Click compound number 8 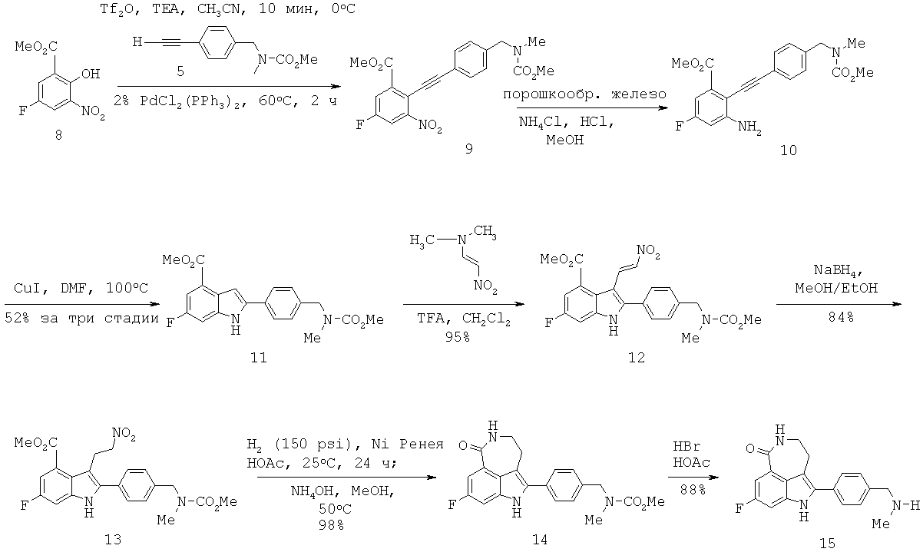tap(58, 135)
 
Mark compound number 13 tap(111, 540)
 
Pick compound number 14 tap(539, 540)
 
